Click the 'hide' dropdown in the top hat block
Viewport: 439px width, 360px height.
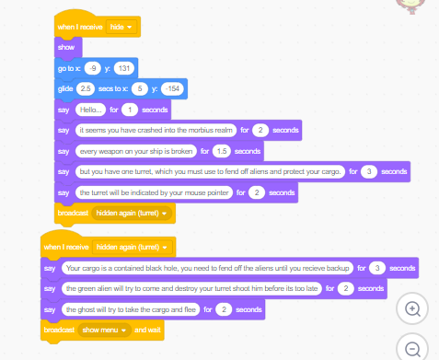pos(120,28)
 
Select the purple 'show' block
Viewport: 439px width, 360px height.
pos(66,47)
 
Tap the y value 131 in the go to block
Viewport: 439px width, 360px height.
pos(124,69)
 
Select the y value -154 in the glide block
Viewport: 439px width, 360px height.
pos(172,89)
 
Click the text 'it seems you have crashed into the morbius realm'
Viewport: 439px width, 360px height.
pos(156,131)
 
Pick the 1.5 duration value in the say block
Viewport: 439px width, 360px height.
pos(221,151)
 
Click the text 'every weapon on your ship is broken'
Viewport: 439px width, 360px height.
pos(136,151)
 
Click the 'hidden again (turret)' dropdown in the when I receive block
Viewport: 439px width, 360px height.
pos(133,248)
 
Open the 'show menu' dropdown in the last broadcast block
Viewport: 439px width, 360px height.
pos(103,330)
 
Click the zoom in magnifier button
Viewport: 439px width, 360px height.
pos(413,309)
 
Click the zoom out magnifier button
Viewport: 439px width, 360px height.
pos(413,349)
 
